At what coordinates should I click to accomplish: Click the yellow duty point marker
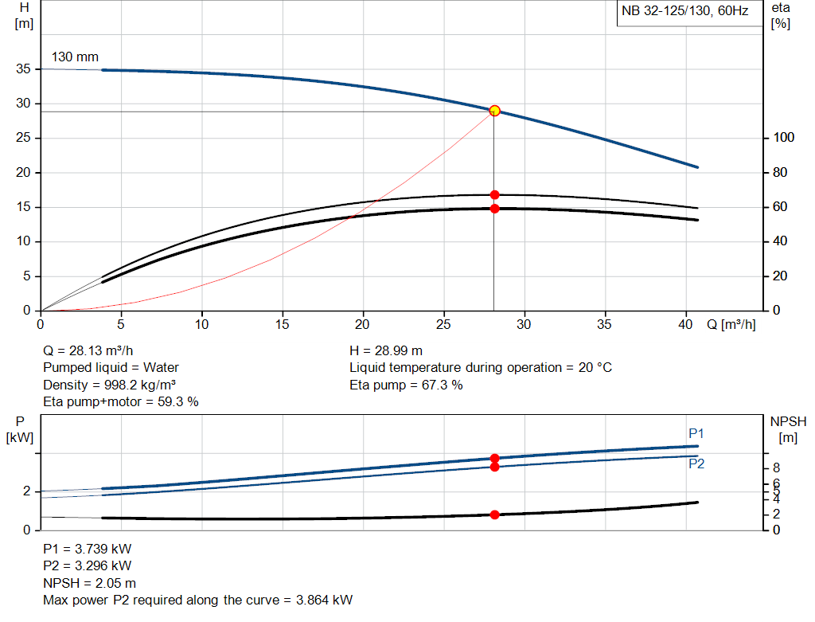(494, 111)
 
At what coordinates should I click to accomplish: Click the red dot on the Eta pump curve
(494, 194)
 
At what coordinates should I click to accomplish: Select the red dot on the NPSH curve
(494, 514)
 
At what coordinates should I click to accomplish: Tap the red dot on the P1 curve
(494, 458)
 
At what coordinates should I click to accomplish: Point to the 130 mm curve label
(75, 57)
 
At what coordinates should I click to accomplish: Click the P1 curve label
(696, 433)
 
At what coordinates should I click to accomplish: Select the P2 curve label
(696, 464)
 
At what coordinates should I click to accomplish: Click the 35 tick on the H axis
(24, 69)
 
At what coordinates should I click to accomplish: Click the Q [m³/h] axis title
(731, 325)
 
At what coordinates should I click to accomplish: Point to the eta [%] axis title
(780, 15)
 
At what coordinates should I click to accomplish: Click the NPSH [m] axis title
(786, 429)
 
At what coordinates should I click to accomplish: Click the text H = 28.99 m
(386, 350)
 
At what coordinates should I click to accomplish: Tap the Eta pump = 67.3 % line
(406, 385)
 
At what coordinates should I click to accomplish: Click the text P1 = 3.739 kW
(88, 550)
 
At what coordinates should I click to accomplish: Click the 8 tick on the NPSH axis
(776, 467)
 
